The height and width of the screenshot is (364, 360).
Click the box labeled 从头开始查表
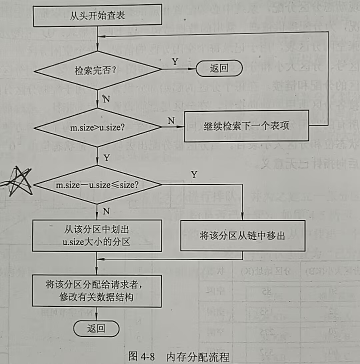pyautogui.click(x=97, y=15)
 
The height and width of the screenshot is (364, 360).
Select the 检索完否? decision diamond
pyautogui.click(x=97, y=70)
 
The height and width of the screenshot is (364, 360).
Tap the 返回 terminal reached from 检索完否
pyautogui.click(x=219, y=69)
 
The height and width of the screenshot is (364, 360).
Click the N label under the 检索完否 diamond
pyautogui.click(x=106, y=99)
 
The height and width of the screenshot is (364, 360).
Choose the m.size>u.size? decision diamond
pyautogui.click(x=97, y=127)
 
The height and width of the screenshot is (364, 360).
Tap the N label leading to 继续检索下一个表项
pyautogui.click(x=171, y=121)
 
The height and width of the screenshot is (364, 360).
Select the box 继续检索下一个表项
pyautogui.click(x=246, y=126)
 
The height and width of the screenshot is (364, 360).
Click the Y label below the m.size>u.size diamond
pyautogui.click(x=106, y=157)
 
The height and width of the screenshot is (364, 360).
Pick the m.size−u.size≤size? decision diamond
pyautogui.click(x=97, y=184)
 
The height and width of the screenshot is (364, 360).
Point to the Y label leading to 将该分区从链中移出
pyautogui.click(x=194, y=174)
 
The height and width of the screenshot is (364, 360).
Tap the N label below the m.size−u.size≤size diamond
pyautogui.click(x=106, y=211)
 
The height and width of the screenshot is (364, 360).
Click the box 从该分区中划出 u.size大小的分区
pyautogui.click(x=97, y=235)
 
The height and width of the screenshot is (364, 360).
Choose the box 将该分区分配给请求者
pyautogui.click(x=97, y=291)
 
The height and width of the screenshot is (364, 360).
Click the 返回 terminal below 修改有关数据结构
pyautogui.click(x=96, y=328)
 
